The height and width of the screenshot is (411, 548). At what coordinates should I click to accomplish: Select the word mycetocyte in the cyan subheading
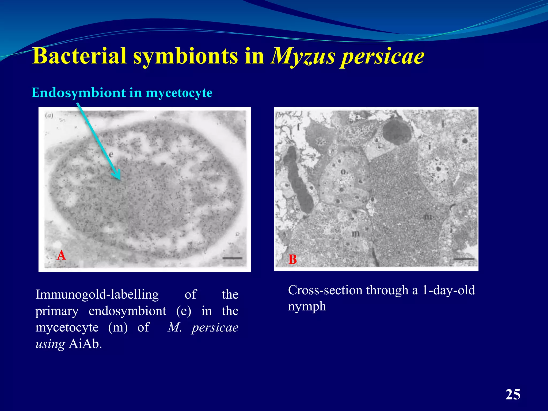[179, 93]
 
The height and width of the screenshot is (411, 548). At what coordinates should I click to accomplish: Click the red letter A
[61, 255]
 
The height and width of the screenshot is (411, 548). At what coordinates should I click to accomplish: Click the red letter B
[292, 259]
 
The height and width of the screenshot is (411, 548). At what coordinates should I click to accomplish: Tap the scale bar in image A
[232, 258]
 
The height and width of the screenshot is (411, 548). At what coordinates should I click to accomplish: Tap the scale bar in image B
[464, 259]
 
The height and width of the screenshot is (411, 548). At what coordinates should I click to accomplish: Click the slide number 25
[513, 394]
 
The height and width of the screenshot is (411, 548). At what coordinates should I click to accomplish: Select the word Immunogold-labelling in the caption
[97, 294]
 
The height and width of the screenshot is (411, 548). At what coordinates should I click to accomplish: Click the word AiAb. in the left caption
[85, 344]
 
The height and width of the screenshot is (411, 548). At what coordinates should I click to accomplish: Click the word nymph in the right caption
[307, 306]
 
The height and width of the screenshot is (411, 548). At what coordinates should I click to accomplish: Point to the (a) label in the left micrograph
[49, 116]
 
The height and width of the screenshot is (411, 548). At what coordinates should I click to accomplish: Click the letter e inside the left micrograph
[111, 154]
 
